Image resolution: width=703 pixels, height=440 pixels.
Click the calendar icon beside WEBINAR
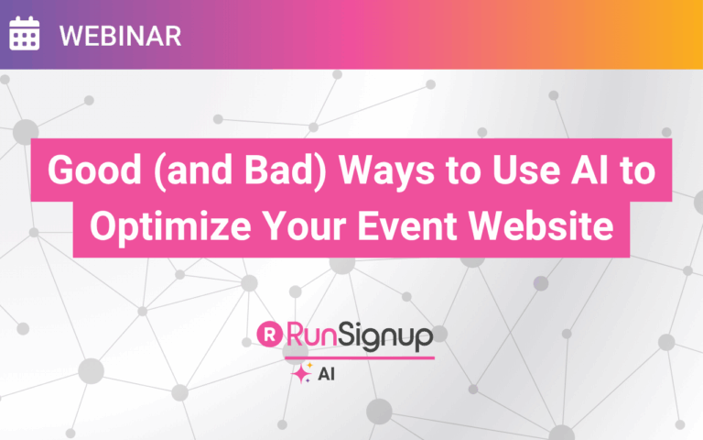click(x=24, y=33)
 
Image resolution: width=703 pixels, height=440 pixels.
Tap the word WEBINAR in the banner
click(x=120, y=36)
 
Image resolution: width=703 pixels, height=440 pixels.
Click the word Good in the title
click(x=94, y=170)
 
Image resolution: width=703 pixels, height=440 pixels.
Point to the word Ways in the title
click(x=386, y=172)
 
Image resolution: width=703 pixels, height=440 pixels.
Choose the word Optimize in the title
click(x=170, y=226)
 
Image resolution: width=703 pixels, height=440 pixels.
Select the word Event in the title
click(x=407, y=225)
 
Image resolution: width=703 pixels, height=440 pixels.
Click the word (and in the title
click(x=193, y=170)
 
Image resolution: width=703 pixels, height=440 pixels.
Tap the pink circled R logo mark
click(x=269, y=334)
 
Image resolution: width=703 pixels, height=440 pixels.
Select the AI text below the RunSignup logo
click(x=326, y=374)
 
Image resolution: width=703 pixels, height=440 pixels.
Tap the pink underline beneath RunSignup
click(x=360, y=357)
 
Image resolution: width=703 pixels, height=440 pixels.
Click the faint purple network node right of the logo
click(x=541, y=283)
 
